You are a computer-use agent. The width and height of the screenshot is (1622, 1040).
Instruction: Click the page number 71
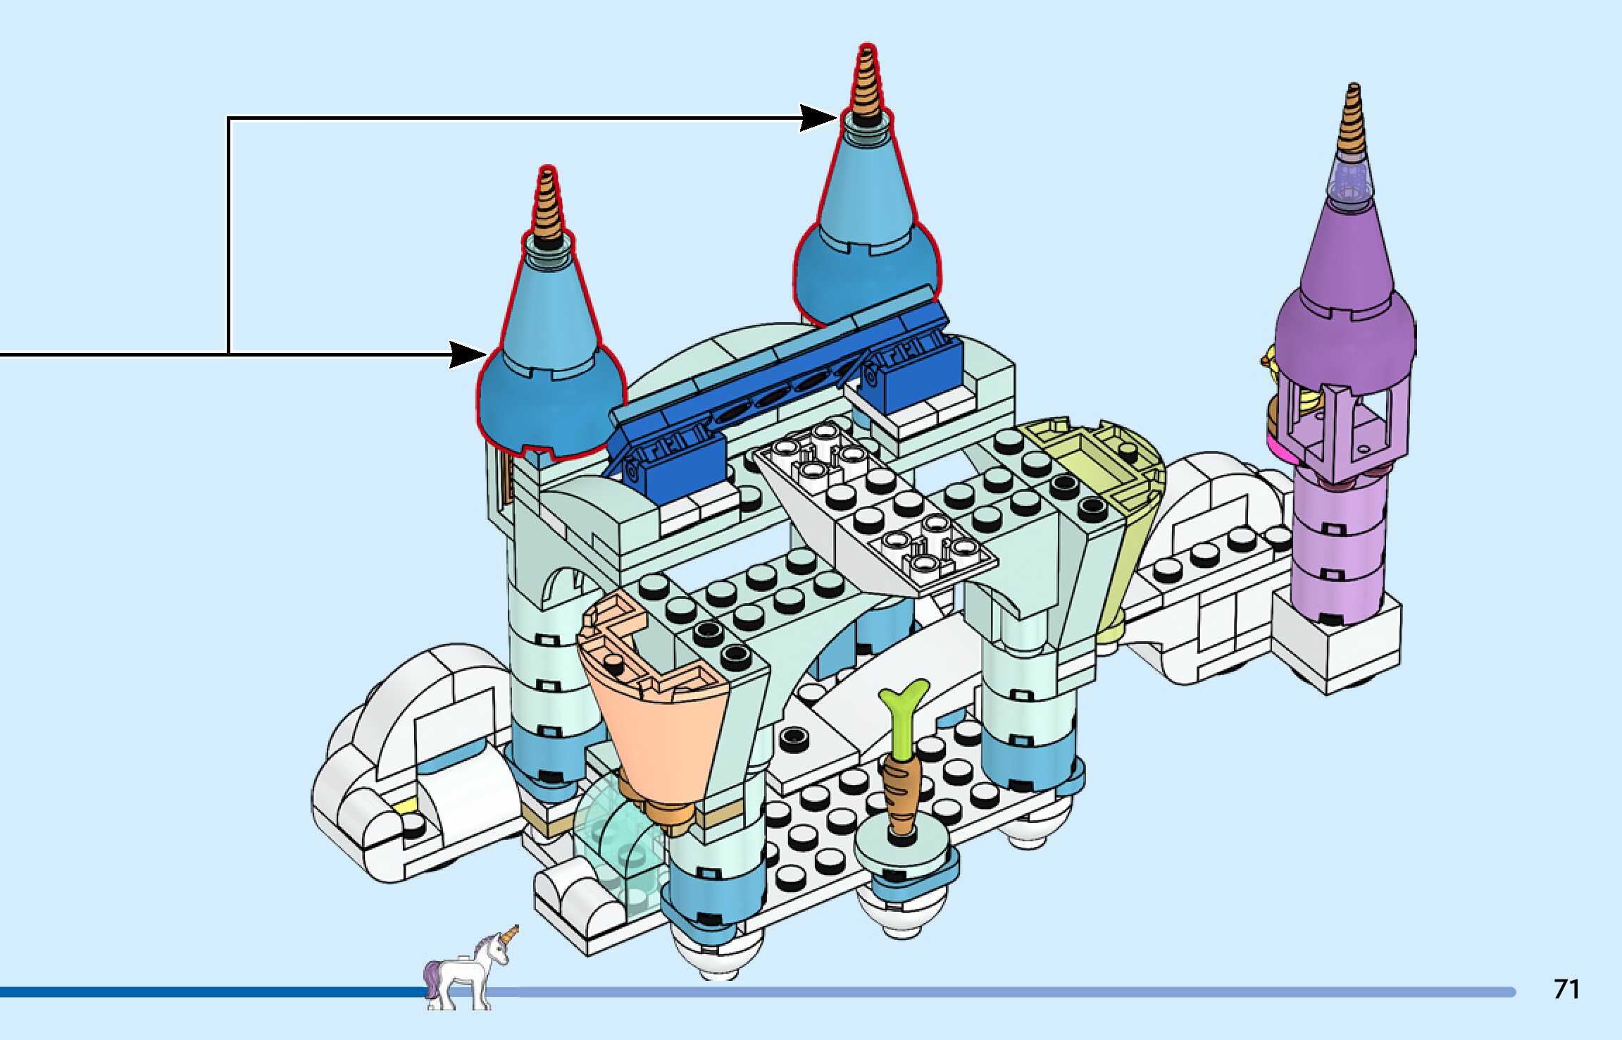(1566, 989)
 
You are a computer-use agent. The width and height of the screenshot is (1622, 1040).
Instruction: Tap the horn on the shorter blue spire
(547, 204)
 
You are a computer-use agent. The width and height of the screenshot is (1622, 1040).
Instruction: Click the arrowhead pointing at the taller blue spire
(818, 118)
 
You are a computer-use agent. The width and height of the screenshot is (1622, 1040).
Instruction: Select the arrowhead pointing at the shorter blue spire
(467, 354)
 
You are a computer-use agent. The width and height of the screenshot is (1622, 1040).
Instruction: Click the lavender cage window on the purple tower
(1342, 423)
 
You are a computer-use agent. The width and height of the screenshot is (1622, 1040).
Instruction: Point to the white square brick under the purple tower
(1338, 645)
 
